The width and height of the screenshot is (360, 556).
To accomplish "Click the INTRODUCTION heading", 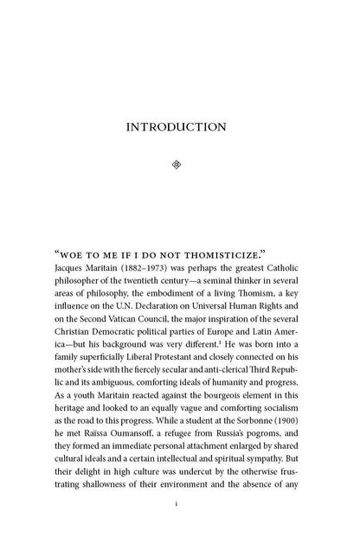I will (x=177, y=127).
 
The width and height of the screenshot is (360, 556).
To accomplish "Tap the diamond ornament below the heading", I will (x=177, y=163).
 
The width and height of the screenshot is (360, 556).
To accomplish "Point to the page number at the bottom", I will (x=177, y=527).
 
